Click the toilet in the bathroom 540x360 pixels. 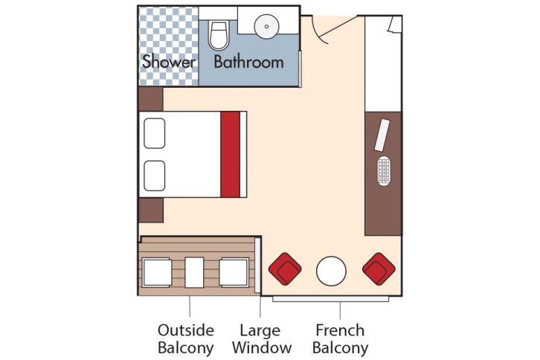219,35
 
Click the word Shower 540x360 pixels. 168,62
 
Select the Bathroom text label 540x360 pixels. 248,62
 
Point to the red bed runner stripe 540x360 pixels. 231,154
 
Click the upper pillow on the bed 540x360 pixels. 154,132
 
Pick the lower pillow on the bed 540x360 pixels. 154,174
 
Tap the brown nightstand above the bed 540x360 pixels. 151,99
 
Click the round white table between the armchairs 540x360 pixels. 331,271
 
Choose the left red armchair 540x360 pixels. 285,269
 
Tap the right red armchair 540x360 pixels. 377,269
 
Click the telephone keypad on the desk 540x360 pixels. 384,171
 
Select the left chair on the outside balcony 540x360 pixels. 158,272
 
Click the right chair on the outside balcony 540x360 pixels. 233,272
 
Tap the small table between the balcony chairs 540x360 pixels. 195,271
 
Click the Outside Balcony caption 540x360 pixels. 186,338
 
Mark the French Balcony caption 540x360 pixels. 341,338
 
